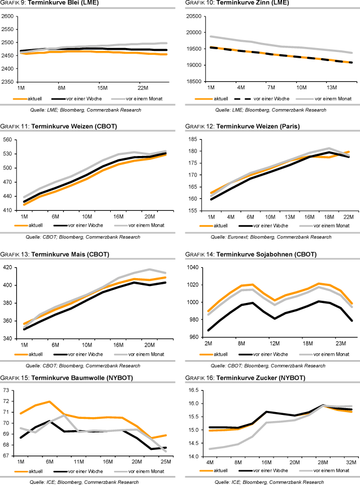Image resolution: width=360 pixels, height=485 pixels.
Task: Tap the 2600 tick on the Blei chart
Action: (x=8, y=16)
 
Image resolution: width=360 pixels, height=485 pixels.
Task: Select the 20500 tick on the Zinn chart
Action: (x=193, y=16)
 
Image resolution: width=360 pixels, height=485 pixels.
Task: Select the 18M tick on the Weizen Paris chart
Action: (x=331, y=216)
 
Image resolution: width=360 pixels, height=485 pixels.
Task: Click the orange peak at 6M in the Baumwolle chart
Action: (x=50, y=402)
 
